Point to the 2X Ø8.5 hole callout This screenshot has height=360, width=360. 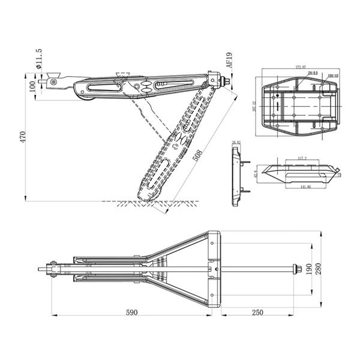point(313,73)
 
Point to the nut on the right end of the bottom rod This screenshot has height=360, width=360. point(295,268)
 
